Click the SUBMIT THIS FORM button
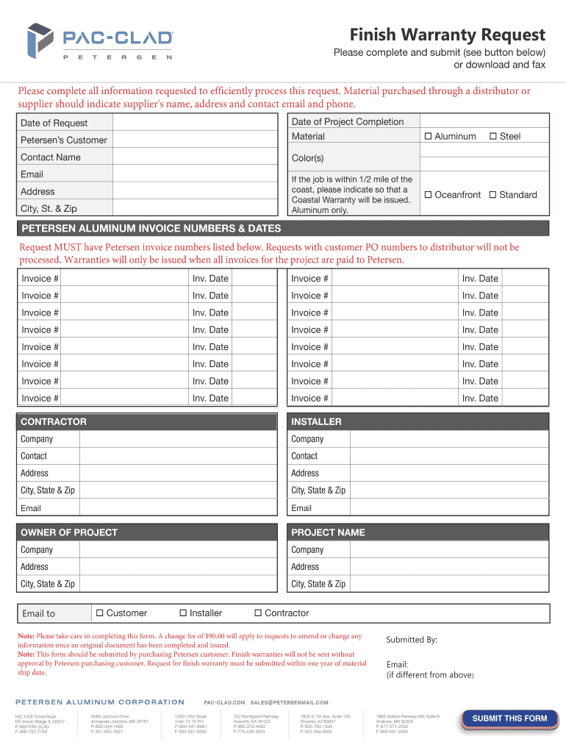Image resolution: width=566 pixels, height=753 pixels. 509,718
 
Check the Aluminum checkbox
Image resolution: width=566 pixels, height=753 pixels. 428,137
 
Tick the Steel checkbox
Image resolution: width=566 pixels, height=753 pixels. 493,137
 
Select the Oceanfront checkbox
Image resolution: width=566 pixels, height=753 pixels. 428,195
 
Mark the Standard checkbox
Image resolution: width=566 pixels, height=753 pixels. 492,195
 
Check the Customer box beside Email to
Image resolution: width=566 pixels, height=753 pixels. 99,613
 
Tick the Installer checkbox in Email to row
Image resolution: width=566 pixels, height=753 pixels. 183,613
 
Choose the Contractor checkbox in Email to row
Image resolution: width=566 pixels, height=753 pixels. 258,613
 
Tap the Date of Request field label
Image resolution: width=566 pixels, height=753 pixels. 54,123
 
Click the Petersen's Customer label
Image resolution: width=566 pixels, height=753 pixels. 64,140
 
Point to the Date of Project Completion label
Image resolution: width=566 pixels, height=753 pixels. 348,122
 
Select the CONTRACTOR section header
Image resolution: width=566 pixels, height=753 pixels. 54,422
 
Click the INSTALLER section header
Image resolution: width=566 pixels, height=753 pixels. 316,422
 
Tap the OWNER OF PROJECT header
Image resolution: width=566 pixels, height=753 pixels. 69,532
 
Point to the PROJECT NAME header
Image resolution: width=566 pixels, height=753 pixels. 328,532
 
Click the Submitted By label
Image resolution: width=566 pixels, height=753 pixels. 412,640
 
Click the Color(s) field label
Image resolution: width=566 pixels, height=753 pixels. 307,158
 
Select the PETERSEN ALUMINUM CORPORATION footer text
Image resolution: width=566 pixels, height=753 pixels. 100,702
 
